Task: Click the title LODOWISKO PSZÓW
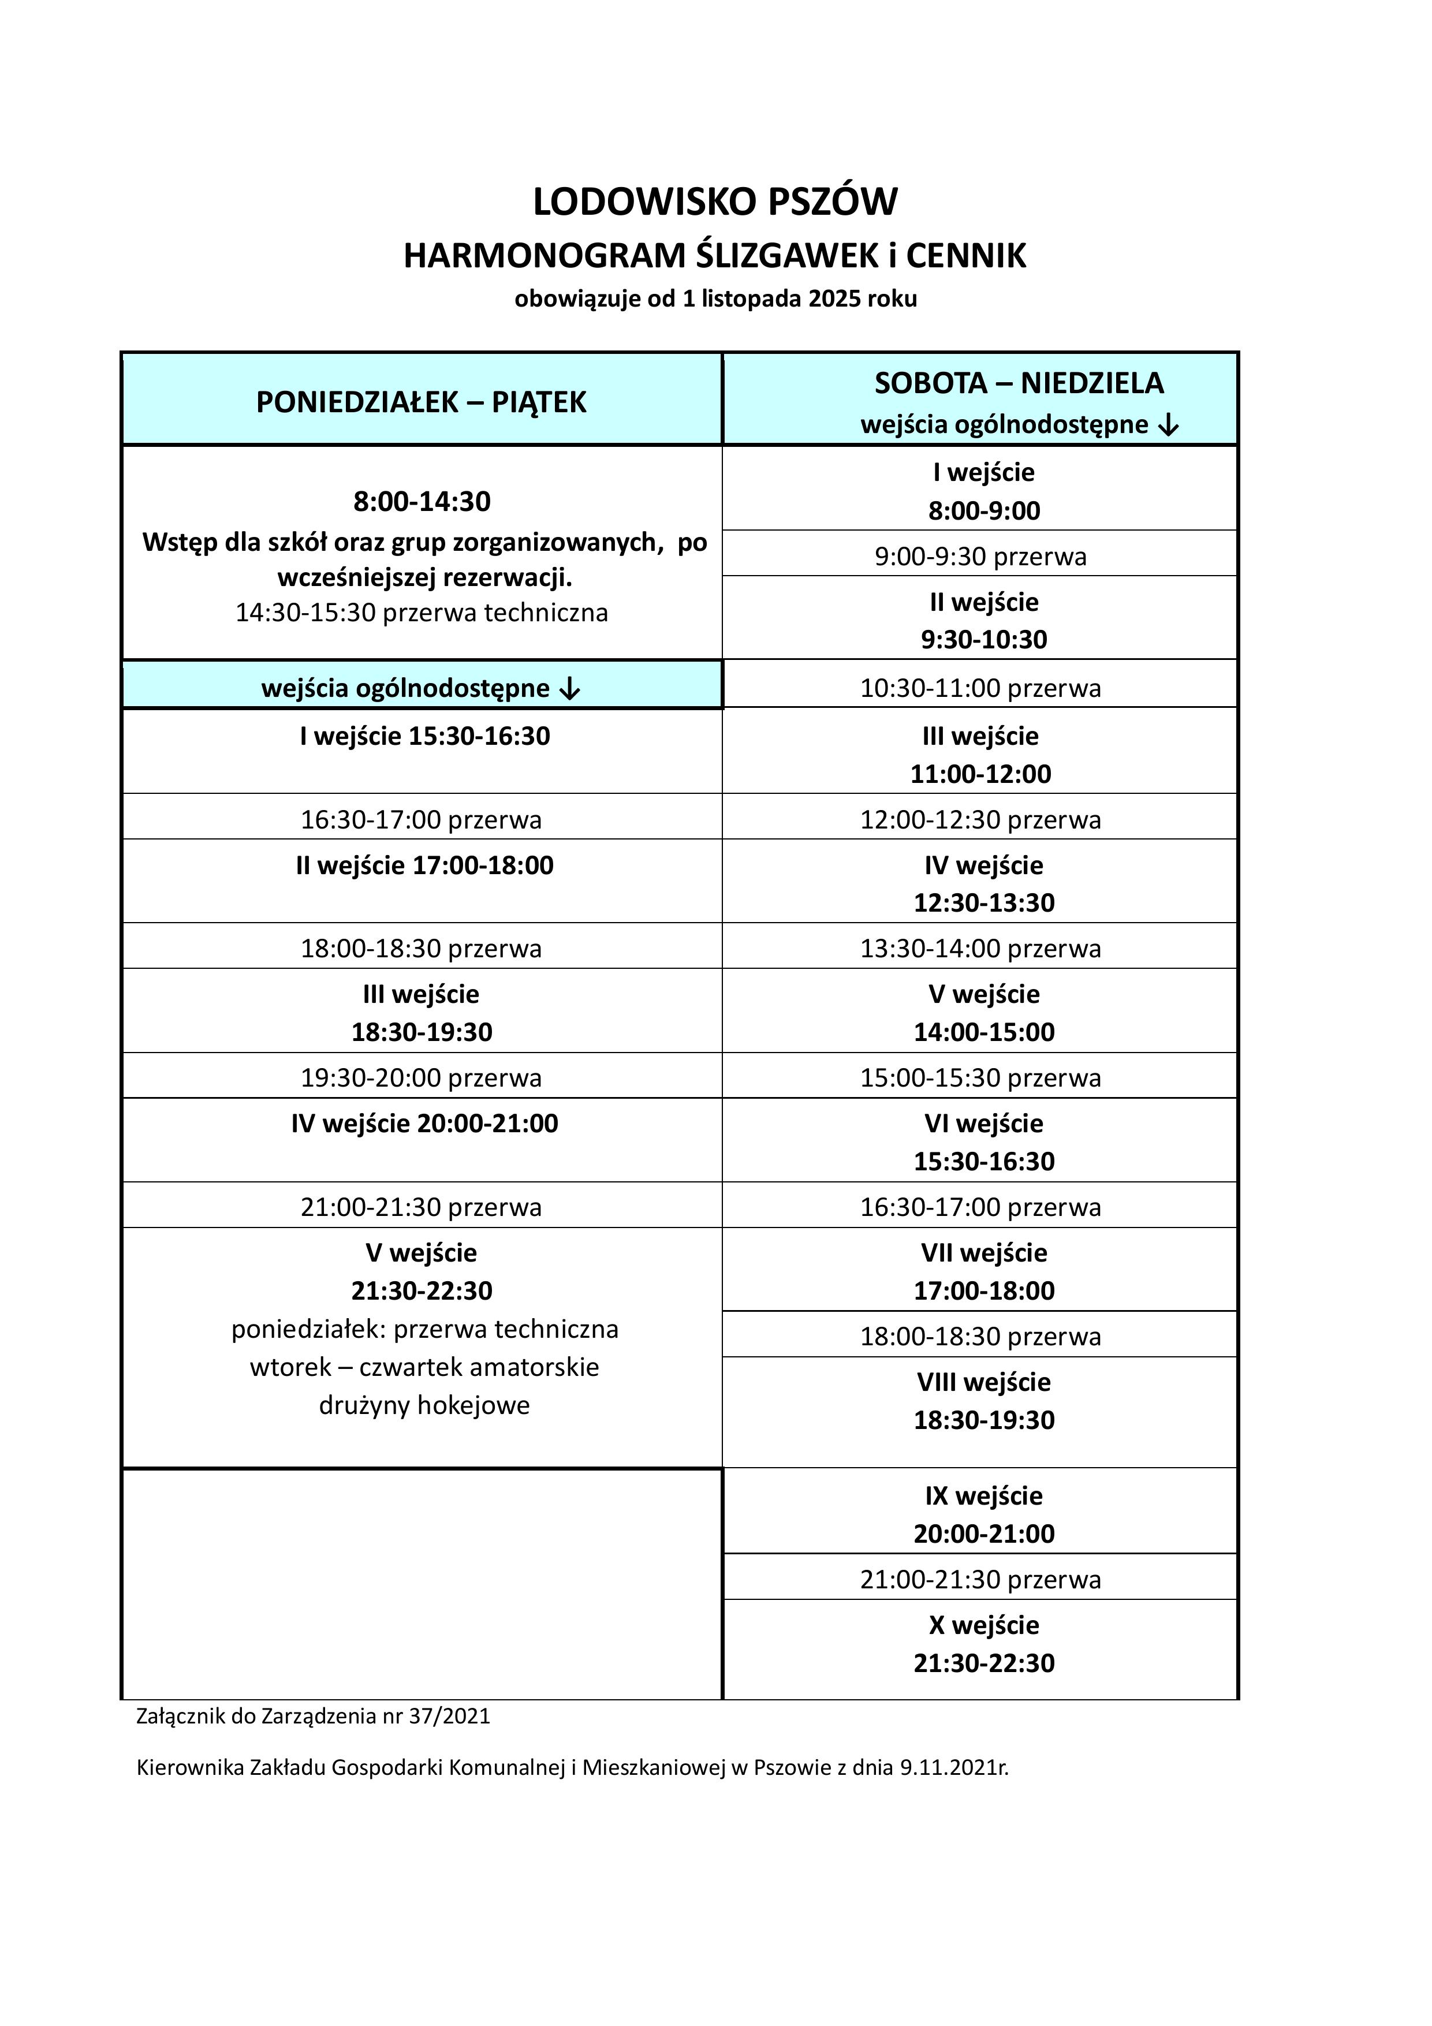click(715, 202)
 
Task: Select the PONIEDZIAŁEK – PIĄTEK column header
click(421, 402)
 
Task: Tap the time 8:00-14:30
click(422, 501)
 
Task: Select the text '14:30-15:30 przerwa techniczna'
click(422, 613)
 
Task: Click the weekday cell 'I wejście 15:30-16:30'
click(424, 736)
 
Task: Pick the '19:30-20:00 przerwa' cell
click(422, 1077)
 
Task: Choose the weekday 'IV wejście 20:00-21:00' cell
click(424, 1124)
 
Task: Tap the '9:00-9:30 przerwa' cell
click(980, 557)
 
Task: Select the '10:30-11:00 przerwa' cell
click(980, 688)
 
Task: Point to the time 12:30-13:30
click(984, 902)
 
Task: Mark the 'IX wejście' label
click(984, 1495)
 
